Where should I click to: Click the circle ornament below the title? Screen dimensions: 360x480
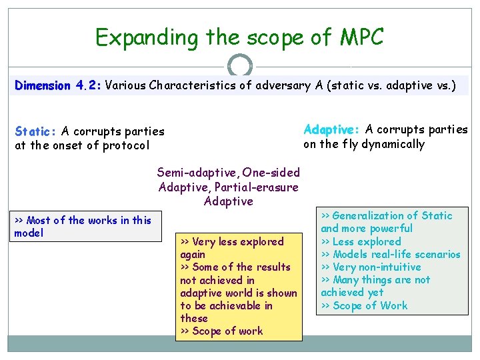[x=240, y=65]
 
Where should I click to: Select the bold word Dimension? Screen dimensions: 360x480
[x=43, y=85]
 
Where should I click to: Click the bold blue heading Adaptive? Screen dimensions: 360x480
[x=332, y=130]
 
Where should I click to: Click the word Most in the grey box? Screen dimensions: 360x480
[x=39, y=220]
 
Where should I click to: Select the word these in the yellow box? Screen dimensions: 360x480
[x=194, y=318]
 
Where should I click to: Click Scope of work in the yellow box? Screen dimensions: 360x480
[x=227, y=331]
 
